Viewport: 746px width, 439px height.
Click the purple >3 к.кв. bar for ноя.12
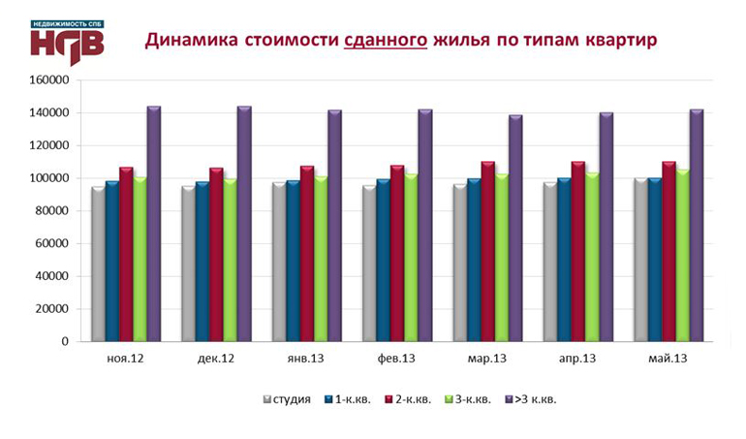click(x=153, y=224)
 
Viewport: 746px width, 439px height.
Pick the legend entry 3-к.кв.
click(x=476, y=398)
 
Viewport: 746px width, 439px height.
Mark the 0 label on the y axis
click(x=64, y=341)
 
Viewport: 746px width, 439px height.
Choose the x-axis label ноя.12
click(x=125, y=358)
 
